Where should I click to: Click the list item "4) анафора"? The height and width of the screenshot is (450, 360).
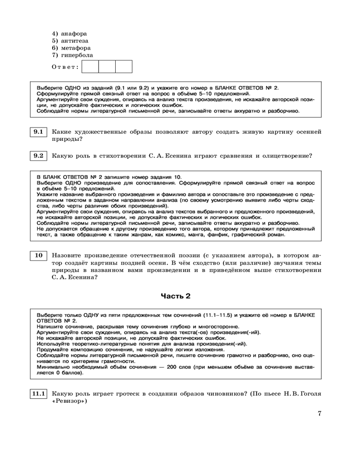tap(69, 34)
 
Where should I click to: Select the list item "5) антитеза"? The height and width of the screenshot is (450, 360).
tap(70, 41)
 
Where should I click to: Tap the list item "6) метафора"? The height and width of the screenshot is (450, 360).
tap(71, 48)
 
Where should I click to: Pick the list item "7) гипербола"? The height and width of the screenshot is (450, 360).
tap(72, 55)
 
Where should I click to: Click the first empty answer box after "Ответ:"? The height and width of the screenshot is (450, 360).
tap(90, 67)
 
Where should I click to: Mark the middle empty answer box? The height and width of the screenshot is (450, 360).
tap(107, 67)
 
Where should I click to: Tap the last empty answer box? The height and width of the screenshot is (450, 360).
tap(124, 67)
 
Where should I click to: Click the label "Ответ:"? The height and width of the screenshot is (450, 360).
tap(65, 67)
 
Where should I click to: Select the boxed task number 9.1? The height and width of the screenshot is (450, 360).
tap(38, 132)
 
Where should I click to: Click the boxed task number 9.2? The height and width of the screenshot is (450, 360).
tap(38, 156)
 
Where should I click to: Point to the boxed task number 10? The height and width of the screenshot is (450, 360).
tap(38, 256)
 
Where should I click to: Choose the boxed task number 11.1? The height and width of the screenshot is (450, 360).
tap(38, 394)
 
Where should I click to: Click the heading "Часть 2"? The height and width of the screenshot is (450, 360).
tap(175, 296)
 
